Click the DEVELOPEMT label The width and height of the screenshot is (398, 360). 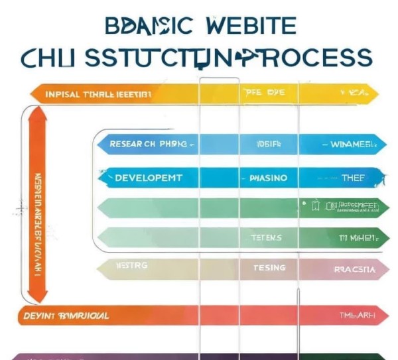pos(148,178)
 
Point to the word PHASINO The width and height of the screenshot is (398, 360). pos(268,178)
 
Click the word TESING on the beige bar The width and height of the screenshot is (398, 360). pos(269,268)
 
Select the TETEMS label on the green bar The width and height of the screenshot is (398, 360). pos(266,237)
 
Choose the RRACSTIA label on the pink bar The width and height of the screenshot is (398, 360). pos(355,269)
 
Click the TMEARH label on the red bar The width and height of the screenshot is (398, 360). pos(358,316)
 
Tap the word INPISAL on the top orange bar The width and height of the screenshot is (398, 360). pos(62,94)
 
